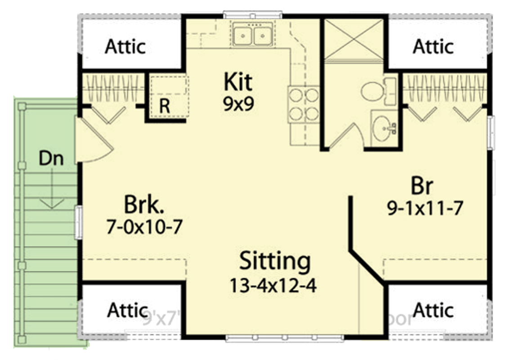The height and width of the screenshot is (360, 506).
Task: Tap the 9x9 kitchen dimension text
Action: (x=238, y=104)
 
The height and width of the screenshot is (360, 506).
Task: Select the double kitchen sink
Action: (x=252, y=35)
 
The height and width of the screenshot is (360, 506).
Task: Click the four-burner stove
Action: (x=304, y=104)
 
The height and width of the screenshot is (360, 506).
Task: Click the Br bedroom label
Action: (x=422, y=185)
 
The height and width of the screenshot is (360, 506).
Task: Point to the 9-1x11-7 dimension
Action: (x=425, y=208)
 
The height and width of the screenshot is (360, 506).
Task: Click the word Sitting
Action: (x=274, y=261)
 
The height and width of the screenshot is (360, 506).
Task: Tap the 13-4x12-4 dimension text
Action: (x=273, y=285)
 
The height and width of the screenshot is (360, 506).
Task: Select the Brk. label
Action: (x=143, y=205)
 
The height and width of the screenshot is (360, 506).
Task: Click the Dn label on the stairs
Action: (x=50, y=158)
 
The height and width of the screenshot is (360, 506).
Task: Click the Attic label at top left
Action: (x=125, y=46)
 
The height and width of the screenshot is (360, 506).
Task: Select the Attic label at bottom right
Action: (x=433, y=310)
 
